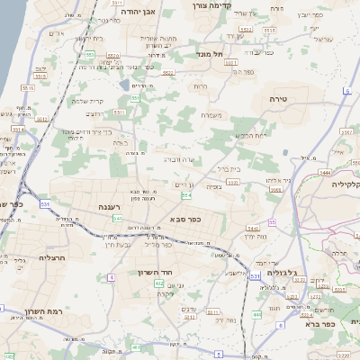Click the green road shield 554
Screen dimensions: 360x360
point(186,194)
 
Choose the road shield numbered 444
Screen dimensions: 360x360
point(257,313)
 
